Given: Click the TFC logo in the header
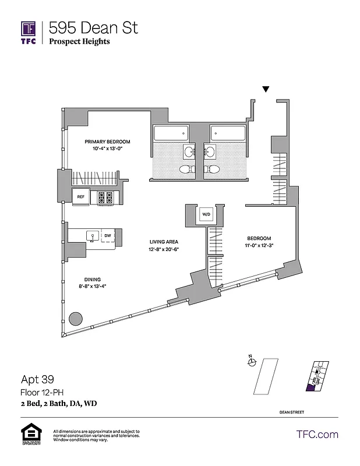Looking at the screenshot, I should coord(29,32).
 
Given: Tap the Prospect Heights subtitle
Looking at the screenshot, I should coord(79,41).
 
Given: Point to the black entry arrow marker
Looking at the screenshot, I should coord(266,89).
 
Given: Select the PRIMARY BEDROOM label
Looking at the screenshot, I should coord(107,142).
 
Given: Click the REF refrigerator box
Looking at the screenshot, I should coord(81,197).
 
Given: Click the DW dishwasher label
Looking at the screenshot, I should coord(107,236).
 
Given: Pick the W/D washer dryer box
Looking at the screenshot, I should coord(206,215).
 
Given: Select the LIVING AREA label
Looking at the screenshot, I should coord(164,242).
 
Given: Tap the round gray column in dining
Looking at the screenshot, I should coord(75,319).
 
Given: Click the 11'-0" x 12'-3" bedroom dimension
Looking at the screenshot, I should coord(259,246).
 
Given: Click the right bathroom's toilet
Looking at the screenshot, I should coord(213,170).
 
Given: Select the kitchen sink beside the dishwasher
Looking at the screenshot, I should coord(91,236).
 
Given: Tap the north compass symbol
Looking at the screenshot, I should coord(252,362).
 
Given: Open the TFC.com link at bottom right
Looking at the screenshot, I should coord(317,435).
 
